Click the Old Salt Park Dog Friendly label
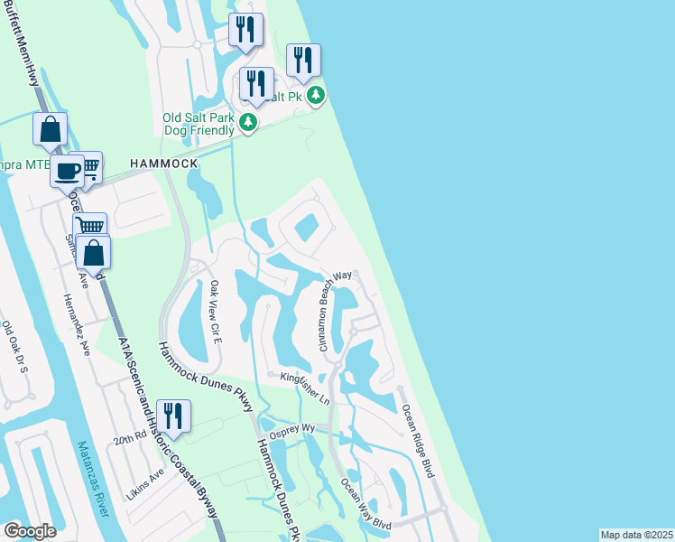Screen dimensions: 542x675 tap(199, 123)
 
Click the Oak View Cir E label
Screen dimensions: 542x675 tap(215, 307)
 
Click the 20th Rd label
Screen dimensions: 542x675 tap(129, 438)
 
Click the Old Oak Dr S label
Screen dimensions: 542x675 tap(15, 348)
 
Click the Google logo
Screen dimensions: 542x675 tap(30, 531)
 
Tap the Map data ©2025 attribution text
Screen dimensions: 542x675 tap(636, 535)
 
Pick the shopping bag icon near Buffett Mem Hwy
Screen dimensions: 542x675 tap(51, 129)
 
